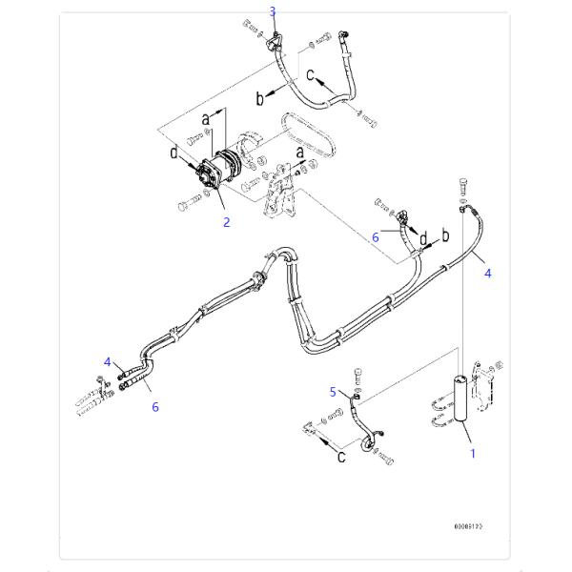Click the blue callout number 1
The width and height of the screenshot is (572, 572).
coord(472,454)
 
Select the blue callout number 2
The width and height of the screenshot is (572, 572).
coord(226,223)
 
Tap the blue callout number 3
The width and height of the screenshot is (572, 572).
coord(273,11)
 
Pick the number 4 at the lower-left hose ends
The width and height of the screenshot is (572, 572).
coord(108,360)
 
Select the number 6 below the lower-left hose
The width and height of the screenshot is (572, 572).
coord(155,406)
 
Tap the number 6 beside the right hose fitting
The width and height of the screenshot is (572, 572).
coord(376,236)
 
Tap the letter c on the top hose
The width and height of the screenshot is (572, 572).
coord(309,73)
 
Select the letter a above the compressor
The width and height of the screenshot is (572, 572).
coord(204,118)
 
